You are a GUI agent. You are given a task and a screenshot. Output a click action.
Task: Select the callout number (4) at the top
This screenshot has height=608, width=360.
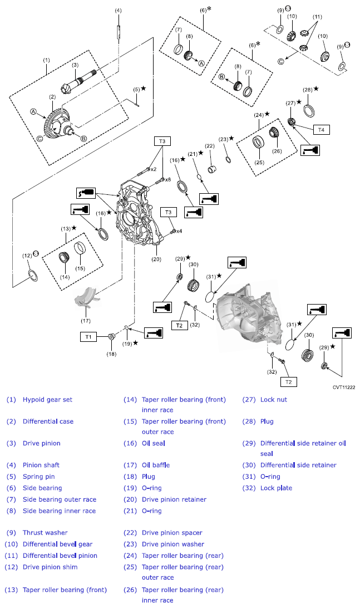point(118,11)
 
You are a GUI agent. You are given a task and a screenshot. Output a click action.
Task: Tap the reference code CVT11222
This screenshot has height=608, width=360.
point(344,386)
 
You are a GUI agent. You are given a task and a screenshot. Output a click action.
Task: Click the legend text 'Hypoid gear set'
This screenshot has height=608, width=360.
point(47,400)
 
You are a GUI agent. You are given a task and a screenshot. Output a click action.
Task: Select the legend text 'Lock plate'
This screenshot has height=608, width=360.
point(276,488)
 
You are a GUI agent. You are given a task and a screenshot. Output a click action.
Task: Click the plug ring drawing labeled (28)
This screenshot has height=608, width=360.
point(309,107)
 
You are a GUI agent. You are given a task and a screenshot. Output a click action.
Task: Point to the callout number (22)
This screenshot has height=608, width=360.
point(210,146)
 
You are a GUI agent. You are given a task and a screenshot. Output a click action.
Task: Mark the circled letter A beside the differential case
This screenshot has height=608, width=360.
point(33,112)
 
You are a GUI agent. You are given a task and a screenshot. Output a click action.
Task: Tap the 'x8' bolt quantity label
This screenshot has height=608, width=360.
point(168,179)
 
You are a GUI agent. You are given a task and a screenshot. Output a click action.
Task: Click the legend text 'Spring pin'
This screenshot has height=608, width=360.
point(38,477)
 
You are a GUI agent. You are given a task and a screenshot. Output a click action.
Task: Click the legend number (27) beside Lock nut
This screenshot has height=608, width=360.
point(249,400)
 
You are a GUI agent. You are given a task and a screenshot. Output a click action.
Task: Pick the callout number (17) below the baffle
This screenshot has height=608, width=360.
point(85,321)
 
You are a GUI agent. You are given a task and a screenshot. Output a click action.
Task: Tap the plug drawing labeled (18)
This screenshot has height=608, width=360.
point(111,336)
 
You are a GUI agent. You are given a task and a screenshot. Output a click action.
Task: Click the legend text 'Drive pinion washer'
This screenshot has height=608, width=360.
point(172,545)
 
